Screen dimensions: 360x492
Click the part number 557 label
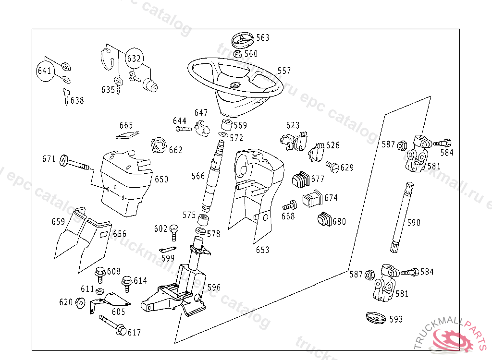coord(284,71)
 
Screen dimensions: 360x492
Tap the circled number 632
coord(134,59)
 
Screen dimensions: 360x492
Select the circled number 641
coord(44,71)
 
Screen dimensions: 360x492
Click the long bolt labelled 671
coord(74,163)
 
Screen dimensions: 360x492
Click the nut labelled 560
coord(237,53)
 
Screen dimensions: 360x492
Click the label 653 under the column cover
coord(262,250)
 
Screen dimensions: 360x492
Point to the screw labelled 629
coord(332,166)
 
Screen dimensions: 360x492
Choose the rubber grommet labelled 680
coord(324,219)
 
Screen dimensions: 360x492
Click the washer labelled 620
coord(80,302)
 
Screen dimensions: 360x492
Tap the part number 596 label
coord(214,288)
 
